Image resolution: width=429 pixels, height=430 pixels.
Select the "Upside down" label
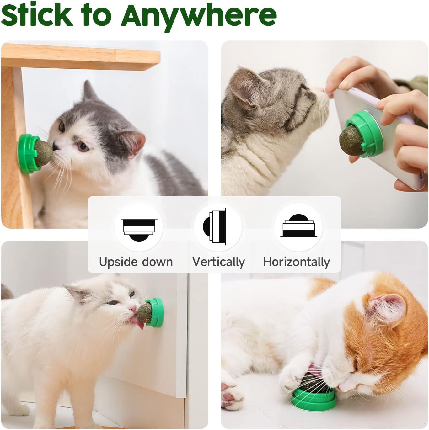[136, 262]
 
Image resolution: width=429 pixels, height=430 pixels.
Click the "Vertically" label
[218, 262]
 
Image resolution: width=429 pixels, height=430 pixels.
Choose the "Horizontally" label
[297, 262]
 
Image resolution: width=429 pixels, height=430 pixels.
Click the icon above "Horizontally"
[298, 226]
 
